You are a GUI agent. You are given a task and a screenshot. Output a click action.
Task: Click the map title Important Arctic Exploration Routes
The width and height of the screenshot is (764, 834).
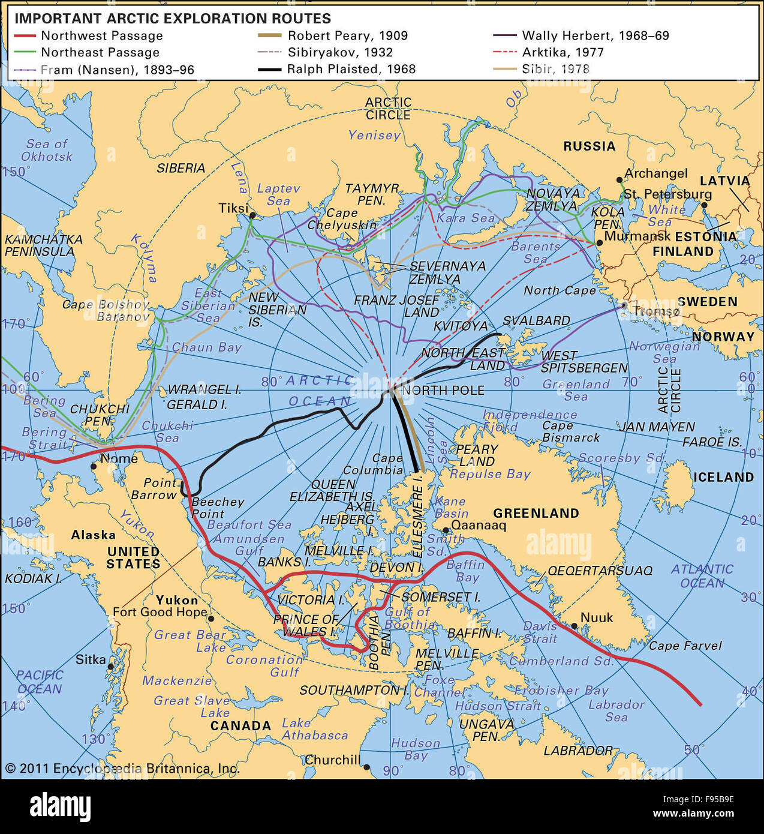[x=173, y=19]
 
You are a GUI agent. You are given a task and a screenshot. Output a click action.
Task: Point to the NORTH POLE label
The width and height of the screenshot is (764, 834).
[x=443, y=391]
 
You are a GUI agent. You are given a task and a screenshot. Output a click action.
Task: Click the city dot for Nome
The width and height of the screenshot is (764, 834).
[x=94, y=466]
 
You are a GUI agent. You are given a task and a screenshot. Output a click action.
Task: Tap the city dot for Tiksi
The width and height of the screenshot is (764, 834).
[x=252, y=215]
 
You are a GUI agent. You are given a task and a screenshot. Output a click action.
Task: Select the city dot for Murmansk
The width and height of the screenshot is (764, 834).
[x=598, y=243]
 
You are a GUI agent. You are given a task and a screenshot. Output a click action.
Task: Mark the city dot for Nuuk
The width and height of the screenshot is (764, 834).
[x=574, y=626]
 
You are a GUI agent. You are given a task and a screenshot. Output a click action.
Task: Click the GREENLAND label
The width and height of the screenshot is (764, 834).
[x=536, y=514]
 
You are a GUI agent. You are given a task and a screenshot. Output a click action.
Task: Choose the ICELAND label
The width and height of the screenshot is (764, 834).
[x=723, y=478]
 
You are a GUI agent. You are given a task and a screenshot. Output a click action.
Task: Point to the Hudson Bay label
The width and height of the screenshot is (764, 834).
[x=416, y=749]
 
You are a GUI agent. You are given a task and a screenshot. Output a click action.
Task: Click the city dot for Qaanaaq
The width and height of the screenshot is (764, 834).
[x=446, y=530]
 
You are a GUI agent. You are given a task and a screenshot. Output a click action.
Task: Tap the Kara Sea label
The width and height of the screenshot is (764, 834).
[x=465, y=218]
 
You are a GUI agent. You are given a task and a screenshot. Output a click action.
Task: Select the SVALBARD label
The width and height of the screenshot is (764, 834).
[x=536, y=321]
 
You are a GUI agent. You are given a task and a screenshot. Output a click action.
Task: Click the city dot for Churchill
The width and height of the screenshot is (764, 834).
[x=366, y=767]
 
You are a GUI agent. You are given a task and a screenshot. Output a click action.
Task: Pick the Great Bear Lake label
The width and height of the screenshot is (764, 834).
[x=191, y=641]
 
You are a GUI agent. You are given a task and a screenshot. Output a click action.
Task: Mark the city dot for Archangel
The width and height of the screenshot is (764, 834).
[x=619, y=179]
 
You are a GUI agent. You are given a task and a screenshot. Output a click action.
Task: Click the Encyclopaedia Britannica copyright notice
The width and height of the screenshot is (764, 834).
[x=122, y=769]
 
